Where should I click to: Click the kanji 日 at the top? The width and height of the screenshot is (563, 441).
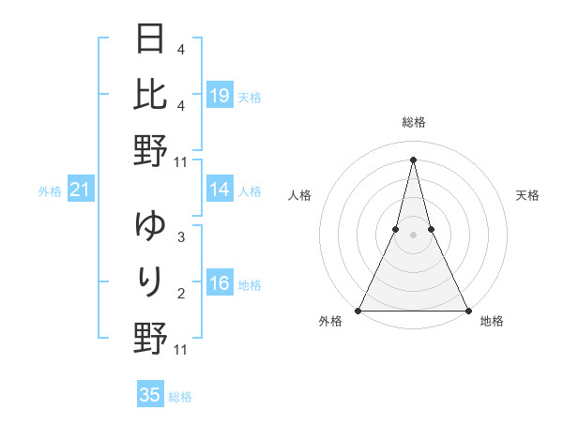[x=150, y=39]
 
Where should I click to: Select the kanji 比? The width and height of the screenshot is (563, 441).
[x=150, y=94]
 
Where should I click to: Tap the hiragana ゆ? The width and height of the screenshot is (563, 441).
[x=150, y=226]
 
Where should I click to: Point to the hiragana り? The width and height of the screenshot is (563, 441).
[x=150, y=281]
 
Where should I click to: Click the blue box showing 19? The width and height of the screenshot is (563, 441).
[x=220, y=96]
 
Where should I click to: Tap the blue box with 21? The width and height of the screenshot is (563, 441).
[x=80, y=190]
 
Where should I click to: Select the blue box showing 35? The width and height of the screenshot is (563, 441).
[x=150, y=395]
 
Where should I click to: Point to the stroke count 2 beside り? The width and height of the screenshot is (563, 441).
[x=180, y=295]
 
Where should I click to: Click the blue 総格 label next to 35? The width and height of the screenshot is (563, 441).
[x=180, y=397]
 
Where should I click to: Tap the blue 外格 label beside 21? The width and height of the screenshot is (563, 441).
[x=50, y=191]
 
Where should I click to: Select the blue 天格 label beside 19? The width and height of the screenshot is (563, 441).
[x=250, y=97]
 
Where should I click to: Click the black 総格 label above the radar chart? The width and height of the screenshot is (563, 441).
[x=413, y=122]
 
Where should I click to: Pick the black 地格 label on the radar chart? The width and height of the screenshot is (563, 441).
[x=492, y=322]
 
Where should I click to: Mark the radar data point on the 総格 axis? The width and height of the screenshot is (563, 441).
[x=413, y=159]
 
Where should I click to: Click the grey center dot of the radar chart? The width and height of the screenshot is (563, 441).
[x=413, y=235]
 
